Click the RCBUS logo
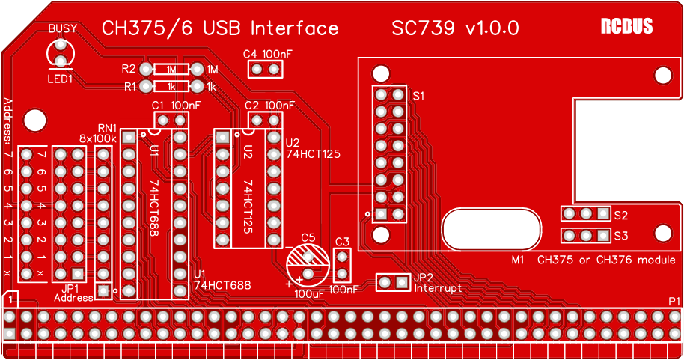click(x=626, y=26)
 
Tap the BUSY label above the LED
click(x=63, y=28)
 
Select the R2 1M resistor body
click(x=171, y=69)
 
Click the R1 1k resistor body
click(x=171, y=86)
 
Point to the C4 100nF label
click(x=267, y=54)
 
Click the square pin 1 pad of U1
click(x=129, y=138)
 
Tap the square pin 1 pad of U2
click(x=222, y=138)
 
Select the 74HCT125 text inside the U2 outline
click(x=248, y=206)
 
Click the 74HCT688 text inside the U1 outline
click(x=154, y=208)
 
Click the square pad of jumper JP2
click(x=402, y=282)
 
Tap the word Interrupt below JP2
click(x=438, y=288)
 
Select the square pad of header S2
click(x=603, y=213)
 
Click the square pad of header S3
click(x=603, y=236)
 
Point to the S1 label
click(x=418, y=96)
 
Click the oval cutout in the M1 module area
click(x=492, y=229)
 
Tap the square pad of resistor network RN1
click(x=103, y=290)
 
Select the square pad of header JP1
click(x=78, y=274)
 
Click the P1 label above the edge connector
click(x=674, y=301)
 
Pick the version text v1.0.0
click(x=492, y=28)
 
